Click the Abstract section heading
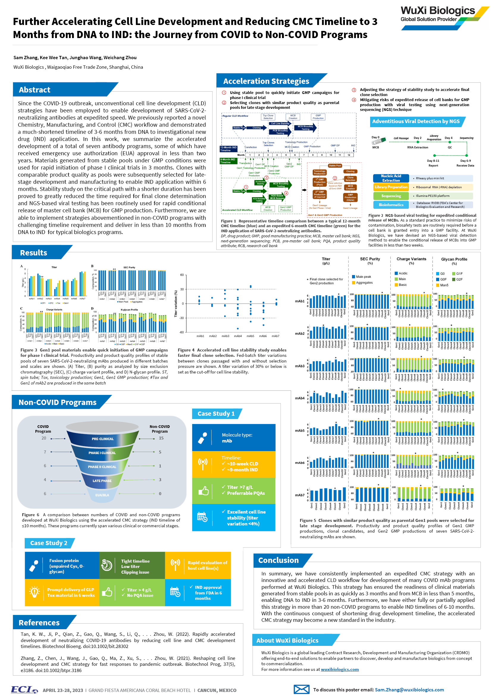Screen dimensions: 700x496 (35, 90)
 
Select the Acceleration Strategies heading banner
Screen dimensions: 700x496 (266, 81)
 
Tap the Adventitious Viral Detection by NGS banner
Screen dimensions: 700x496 (415, 122)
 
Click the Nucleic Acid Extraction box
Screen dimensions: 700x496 (391, 178)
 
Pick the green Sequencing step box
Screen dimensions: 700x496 (391, 196)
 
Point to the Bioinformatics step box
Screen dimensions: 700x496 (391, 205)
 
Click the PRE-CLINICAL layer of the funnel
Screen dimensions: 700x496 (103, 439)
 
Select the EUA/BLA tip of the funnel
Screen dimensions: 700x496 (102, 495)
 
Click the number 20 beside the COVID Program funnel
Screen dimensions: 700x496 (44, 438)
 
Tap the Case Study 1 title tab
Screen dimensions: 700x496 (216, 414)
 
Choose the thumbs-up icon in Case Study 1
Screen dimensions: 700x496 (204, 491)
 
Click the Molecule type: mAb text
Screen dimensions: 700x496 (237, 438)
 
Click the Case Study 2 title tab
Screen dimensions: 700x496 (48, 543)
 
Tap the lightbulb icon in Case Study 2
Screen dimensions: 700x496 (35, 592)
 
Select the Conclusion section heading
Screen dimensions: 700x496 (278, 560)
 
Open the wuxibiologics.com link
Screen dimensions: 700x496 (339, 669)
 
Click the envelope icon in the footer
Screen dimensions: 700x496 (301, 689)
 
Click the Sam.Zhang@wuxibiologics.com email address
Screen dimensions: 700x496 (409, 690)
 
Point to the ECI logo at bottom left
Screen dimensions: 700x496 (24, 690)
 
